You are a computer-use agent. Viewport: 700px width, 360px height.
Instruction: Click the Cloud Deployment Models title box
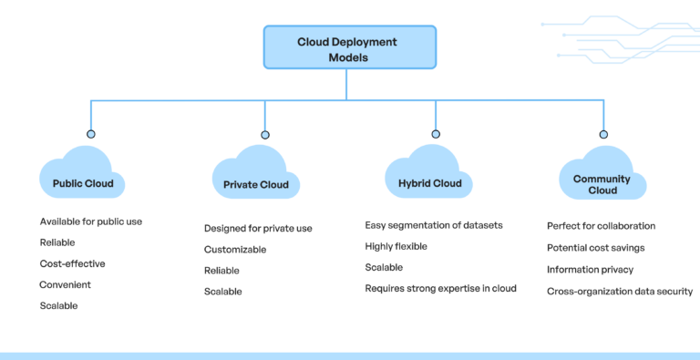click(x=346, y=48)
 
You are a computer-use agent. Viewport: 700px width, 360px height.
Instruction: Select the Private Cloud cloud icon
click(x=255, y=176)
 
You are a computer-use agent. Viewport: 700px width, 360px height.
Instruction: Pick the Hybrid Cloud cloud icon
click(x=429, y=175)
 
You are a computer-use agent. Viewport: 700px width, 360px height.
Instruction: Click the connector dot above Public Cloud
click(x=91, y=134)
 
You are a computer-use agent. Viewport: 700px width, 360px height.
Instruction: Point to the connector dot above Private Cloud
click(x=265, y=134)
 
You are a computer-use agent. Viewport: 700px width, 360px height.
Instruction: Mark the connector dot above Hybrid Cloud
click(x=436, y=134)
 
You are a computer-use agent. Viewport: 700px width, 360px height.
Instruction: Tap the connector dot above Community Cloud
click(x=603, y=134)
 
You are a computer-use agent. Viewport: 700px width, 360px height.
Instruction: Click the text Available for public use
click(x=91, y=221)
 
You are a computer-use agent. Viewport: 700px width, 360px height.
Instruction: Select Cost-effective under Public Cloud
click(x=72, y=263)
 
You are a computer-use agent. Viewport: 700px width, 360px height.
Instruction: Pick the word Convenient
click(x=65, y=284)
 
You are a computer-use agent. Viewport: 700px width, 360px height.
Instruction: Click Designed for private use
click(x=258, y=228)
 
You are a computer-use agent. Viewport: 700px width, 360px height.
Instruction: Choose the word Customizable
click(x=235, y=249)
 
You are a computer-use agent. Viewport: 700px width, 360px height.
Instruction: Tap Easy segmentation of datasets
click(x=434, y=225)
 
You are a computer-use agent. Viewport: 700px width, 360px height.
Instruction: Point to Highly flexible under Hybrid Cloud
click(x=396, y=246)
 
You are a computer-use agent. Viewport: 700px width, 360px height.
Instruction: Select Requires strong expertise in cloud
click(x=440, y=288)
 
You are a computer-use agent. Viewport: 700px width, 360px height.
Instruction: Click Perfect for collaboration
click(x=601, y=226)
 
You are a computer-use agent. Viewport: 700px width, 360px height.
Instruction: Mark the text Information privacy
click(x=590, y=270)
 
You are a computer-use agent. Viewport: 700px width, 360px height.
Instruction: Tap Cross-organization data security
click(x=620, y=292)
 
